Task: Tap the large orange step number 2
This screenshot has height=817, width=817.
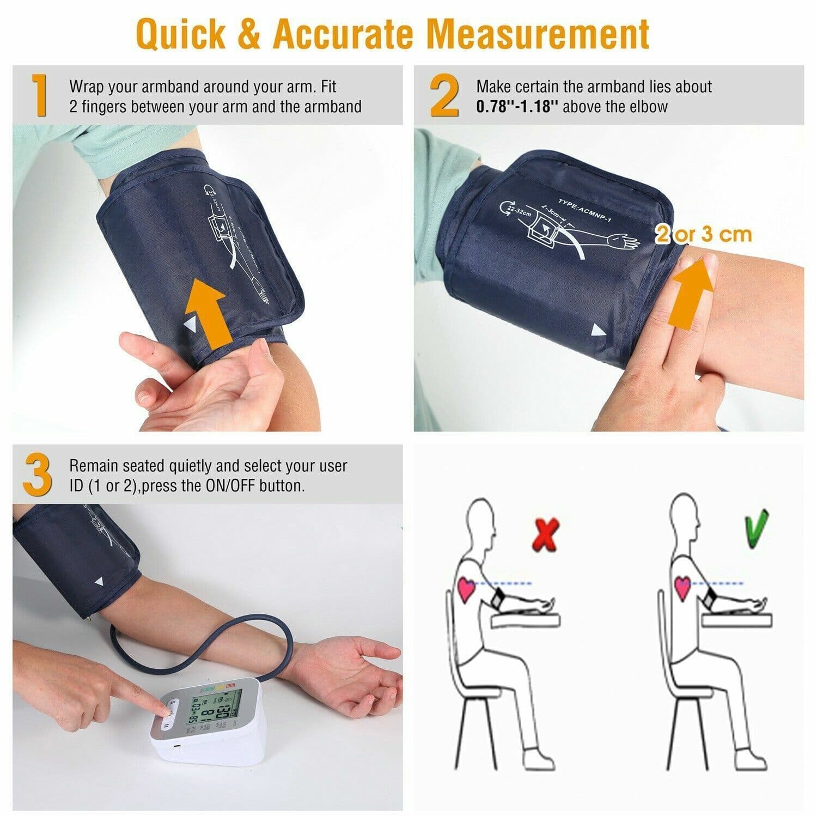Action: pyautogui.click(x=444, y=96)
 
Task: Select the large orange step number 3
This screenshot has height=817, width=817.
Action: pyautogui.click(x=38, y=474)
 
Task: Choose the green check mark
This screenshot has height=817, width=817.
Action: pyautogui.click(x=756, y=529)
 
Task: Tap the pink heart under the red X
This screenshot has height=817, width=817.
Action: pyautogui.click(x=466, y=589)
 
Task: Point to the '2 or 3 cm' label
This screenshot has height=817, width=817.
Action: pyautogui.click(x=703, y=234)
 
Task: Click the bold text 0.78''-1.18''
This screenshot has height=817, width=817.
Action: pyautogui.click(x=517, y=106)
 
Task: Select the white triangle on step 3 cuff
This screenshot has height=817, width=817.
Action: pyautogui.click(x=99, y=582)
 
